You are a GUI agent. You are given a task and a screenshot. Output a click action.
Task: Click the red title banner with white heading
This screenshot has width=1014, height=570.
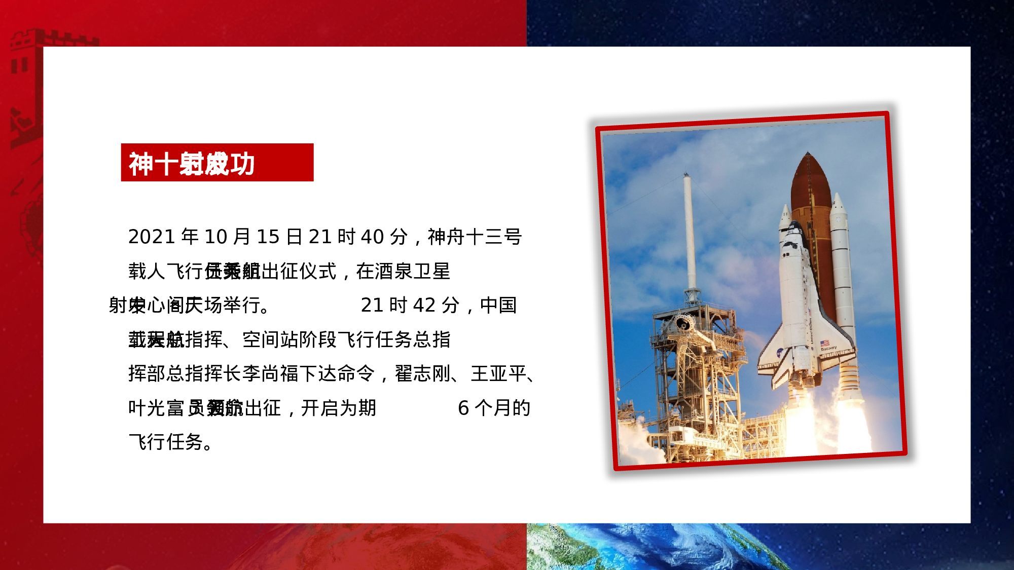217,163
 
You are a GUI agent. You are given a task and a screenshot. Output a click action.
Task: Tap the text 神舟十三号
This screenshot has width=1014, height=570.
475,237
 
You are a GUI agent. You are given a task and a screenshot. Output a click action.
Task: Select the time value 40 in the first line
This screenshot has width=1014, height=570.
372,237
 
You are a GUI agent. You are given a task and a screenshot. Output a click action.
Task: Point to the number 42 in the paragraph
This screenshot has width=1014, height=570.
424,306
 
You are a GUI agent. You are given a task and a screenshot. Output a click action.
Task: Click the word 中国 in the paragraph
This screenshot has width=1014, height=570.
498,306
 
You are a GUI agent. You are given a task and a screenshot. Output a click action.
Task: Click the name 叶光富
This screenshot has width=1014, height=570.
156,408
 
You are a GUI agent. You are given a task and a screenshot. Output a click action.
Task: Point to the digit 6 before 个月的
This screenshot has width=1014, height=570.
463,408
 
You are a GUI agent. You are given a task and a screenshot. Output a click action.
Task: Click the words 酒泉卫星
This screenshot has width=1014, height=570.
403,272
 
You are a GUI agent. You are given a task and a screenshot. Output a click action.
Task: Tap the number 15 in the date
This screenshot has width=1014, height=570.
268,237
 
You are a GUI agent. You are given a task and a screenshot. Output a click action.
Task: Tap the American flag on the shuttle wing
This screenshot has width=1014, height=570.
825,343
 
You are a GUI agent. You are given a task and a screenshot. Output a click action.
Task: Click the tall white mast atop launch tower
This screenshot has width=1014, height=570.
689,228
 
